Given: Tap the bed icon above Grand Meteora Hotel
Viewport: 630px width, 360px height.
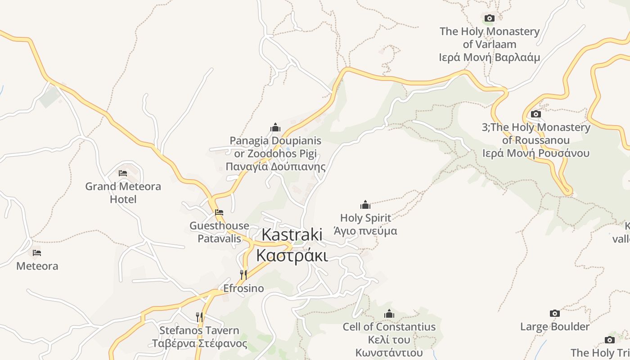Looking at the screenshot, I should point(123,173).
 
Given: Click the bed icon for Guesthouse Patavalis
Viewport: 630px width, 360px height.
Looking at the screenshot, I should point(219,212).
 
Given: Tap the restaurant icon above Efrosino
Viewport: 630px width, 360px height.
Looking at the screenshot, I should point(243,274).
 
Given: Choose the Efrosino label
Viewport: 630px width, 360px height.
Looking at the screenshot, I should point(243,288).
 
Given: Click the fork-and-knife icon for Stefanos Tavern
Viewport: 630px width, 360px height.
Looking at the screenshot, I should point(199,317).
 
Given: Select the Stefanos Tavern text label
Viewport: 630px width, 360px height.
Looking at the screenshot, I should point(199,330).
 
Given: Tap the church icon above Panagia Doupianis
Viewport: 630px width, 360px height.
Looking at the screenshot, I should point(275,127).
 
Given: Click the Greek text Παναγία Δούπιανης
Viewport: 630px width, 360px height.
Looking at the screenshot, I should point(275,167).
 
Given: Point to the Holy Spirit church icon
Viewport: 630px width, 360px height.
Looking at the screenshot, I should point(365,205).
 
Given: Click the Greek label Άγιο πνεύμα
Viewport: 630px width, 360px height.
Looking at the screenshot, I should point(365,231).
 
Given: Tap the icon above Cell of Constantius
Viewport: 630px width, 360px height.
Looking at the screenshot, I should point(389,314).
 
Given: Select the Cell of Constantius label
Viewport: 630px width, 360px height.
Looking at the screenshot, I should point(389,327).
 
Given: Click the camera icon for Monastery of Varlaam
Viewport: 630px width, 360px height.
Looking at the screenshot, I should point(489,18).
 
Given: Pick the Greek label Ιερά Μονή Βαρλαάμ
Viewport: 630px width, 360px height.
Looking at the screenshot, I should point(489,58).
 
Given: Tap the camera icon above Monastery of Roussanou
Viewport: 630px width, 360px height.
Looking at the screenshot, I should point(535,114).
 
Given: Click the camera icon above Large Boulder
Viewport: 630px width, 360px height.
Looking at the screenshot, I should point(555,313).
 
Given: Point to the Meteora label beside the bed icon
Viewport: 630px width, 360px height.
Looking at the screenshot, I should point(37,266).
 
